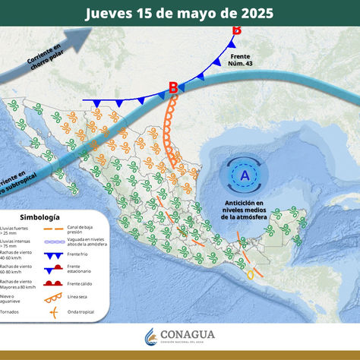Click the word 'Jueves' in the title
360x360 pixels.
110,14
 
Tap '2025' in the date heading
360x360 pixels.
250,14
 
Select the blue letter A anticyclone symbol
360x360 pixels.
244,175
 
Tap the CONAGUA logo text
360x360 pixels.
190,334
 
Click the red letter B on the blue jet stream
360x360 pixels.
172,88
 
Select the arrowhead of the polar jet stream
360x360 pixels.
84,33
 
